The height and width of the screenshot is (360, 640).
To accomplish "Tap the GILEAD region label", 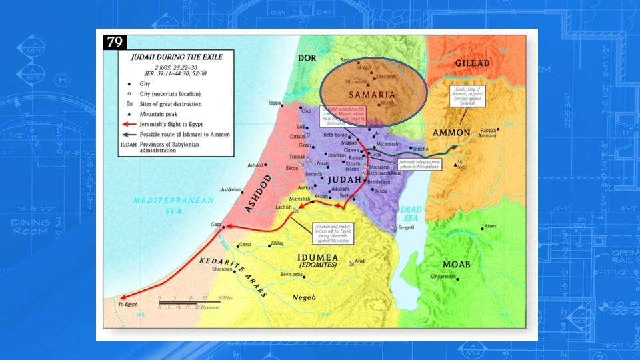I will click(472, 63).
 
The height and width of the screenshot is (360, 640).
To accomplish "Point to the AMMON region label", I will click(452, 133).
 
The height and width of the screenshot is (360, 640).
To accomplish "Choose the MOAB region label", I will click(457, 265).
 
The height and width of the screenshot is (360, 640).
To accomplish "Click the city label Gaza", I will click(216, 224).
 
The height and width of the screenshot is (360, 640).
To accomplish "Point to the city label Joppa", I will click(273, 104).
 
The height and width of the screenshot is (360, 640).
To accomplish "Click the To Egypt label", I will click(127, 304).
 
